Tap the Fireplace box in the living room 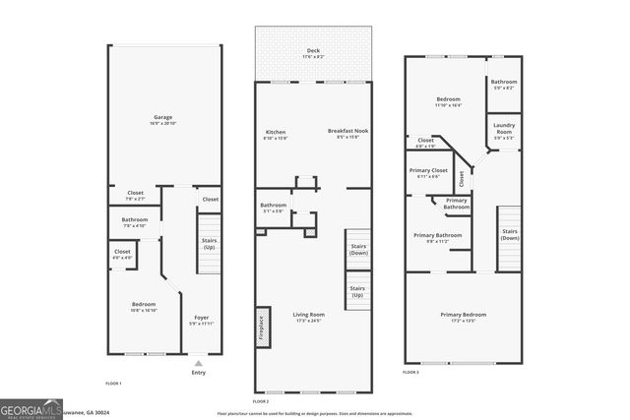262,325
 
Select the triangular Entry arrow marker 198,363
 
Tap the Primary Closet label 428,173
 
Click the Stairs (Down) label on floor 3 509,234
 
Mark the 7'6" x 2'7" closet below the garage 136,195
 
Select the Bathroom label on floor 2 273,208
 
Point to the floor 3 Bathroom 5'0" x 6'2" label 504,85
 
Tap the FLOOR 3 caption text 410,373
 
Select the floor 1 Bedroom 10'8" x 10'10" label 144,307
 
